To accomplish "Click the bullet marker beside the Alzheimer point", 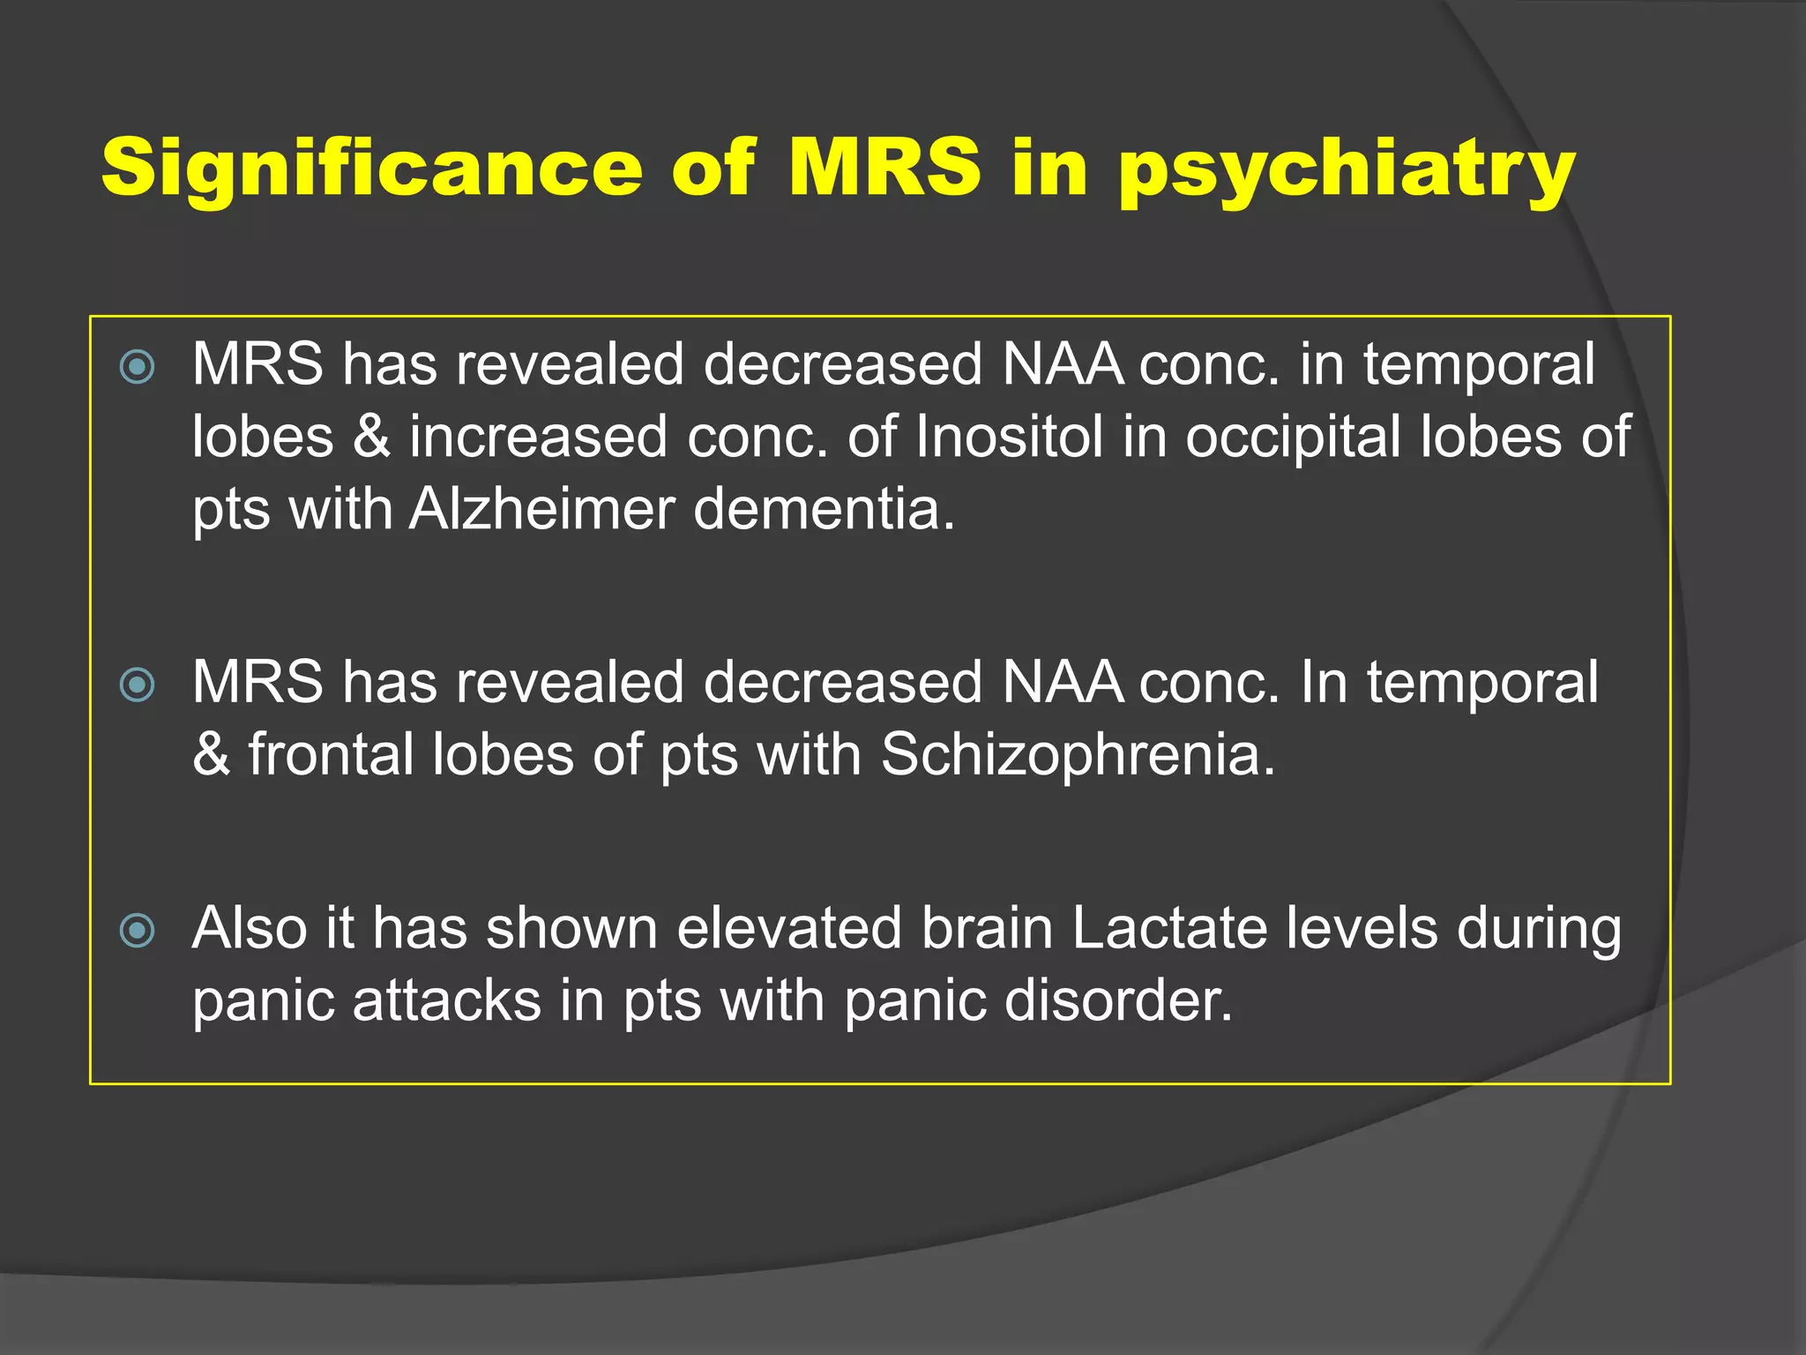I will pos(137,367).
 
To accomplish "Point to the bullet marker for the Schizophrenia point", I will pos(137,685).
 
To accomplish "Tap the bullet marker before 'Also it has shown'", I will pos(137,930).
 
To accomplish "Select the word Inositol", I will pos(1009,437).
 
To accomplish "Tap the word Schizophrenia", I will pos(1078,755).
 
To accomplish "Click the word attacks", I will pos(446,1001).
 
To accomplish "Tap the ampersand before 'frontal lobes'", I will pos(211,755).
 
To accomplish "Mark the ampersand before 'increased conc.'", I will pos(371,438).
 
